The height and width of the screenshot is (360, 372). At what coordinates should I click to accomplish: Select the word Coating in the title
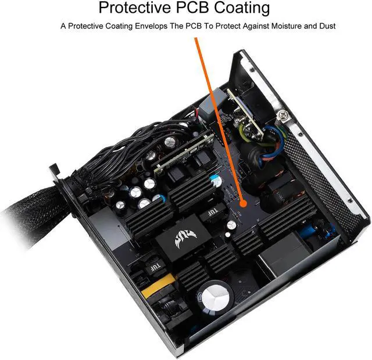point(240,8)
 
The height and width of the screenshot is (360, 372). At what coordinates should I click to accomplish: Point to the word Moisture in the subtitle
point(283,26)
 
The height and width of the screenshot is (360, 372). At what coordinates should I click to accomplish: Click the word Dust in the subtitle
point(326,26)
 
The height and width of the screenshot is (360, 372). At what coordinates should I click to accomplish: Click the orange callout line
point(218,116)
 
